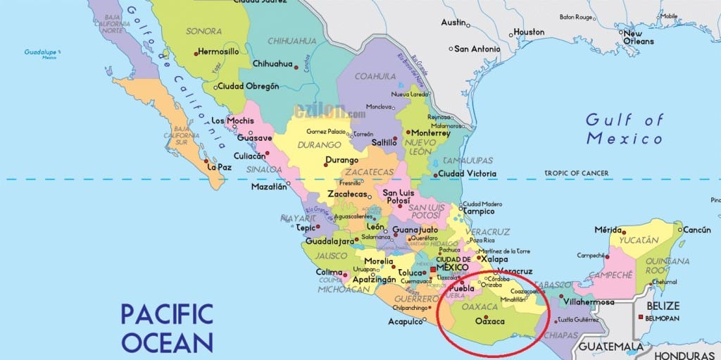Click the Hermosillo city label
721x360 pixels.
223,51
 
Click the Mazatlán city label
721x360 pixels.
271,187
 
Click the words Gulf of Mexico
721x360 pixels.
624,128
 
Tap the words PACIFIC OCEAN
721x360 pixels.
167,327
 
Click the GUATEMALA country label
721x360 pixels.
610,347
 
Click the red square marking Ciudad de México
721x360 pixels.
433,271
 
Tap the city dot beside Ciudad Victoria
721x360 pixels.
435,175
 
